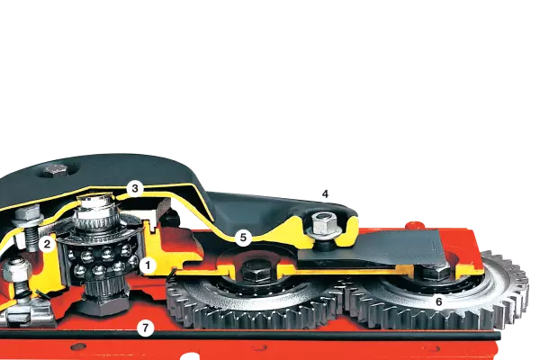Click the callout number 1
pos(148,265)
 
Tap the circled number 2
pos(47,244)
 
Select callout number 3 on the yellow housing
pos(135,188)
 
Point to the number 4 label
pos(325,194)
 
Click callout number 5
pos(243,238)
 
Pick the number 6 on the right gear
pos(439,301)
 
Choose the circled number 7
pos(145,328)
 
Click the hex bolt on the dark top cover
pos(56,170)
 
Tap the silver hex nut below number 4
pos(323,223)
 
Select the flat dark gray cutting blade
pos(372,248)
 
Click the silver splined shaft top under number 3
pos(95,211)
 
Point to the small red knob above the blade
pos(414,225)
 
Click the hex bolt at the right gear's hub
pos(435,272)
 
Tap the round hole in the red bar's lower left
pos(78,346)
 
